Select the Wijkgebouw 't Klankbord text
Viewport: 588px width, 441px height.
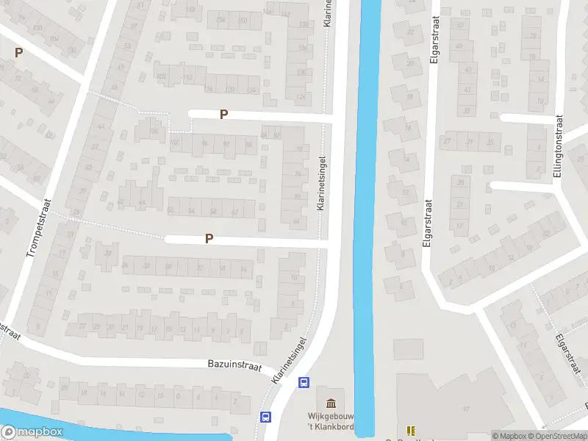click(331, 420)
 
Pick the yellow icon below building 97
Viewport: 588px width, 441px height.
click(411, 431)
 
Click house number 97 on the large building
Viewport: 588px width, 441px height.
click(465, 409)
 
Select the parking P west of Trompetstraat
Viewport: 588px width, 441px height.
click(18, 52)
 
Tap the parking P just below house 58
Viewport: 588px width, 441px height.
click(209, 238)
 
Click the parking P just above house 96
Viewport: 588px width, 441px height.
click(223, 114)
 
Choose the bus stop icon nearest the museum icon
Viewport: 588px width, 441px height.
click(303, 382)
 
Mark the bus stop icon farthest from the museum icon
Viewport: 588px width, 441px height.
click(265, 417)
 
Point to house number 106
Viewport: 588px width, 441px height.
click(154, 131)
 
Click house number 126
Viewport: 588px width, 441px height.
click(299, 97)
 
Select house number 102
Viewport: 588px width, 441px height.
click(174, 142)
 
